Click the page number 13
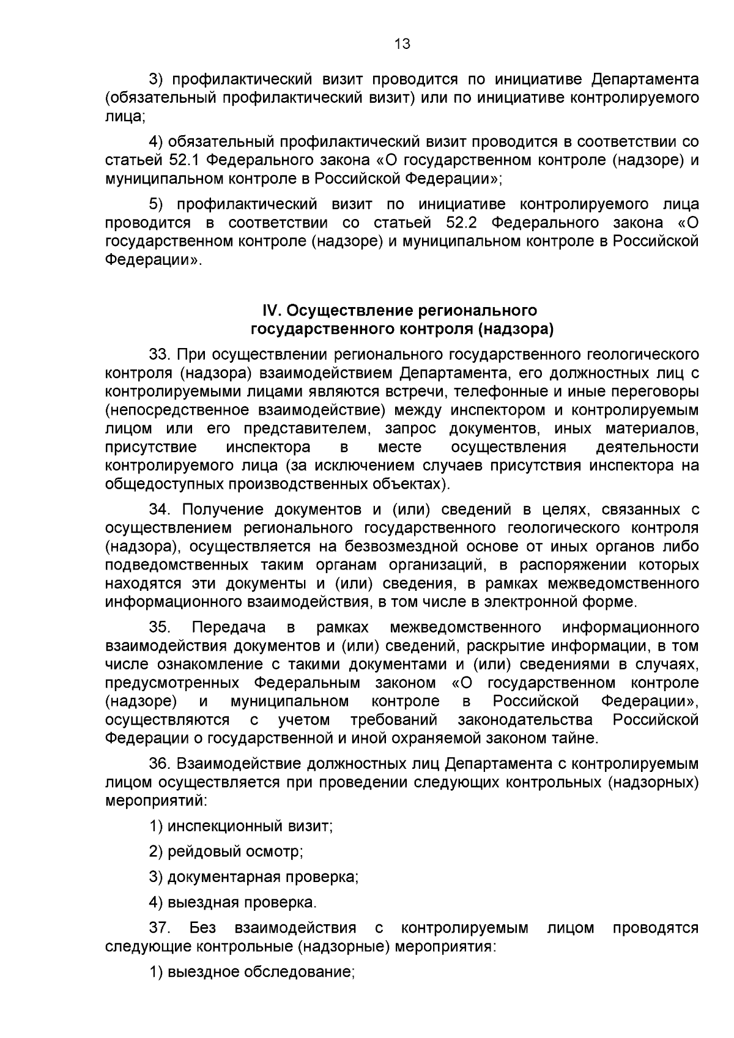point(402,44)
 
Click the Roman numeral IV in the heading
point(272,311)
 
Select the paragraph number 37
point(158,928)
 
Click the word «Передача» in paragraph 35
point(229,627)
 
